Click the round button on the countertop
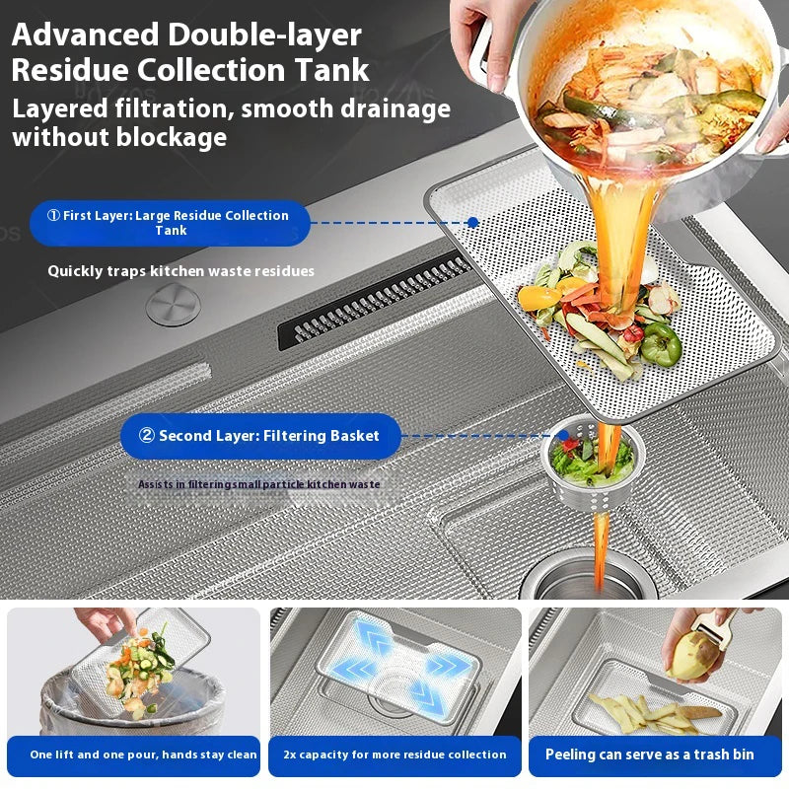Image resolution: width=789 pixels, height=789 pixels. (x=174, y=304)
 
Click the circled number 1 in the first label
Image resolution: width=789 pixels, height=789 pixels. (x=53, y=215)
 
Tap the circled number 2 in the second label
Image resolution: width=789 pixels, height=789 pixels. (x=146, y=435)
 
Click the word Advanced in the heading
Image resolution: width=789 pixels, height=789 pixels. (x=85, y=35)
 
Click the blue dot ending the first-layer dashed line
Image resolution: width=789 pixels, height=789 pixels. (x=472, y=223)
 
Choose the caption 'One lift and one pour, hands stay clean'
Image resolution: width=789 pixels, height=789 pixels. (x=143, y=754)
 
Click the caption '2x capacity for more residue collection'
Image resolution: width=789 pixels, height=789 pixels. (x=395, y=754)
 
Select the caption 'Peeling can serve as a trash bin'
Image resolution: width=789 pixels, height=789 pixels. (x=650, y=754)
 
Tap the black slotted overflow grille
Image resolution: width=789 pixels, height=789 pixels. (x=375, y=303)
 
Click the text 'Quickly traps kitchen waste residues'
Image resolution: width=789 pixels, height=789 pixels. (x=181, y=271)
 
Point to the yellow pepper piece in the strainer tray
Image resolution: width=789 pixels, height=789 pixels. (x=538, y=298)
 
